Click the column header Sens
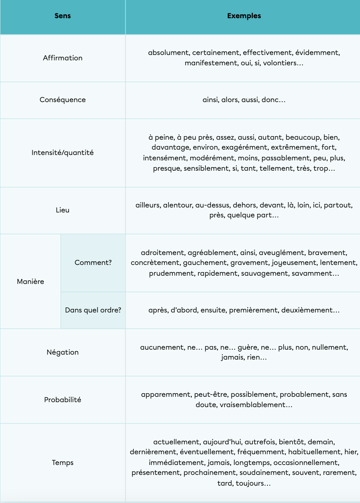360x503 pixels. [x=62, y=16]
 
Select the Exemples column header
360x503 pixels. [x=244, y=16]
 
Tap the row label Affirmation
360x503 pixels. [x=62, y=58]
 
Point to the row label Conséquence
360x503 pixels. [x=62, y=100]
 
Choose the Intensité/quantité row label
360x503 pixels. [x=62, y=153]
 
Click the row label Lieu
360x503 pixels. [x=62, y=210]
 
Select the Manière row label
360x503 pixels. [x=31, y=281]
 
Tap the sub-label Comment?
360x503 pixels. [x=93, y=262]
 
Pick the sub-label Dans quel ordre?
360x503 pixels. [x=93, y=310]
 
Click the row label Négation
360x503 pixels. [x=62, y=352]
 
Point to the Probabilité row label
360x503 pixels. [x=62, y=400]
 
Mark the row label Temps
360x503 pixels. [x=62, y=462]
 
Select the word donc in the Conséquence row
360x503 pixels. [x=272, y=100]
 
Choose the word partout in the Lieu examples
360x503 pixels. [x=338, y=205]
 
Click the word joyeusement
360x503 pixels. [x=293, y=263]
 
